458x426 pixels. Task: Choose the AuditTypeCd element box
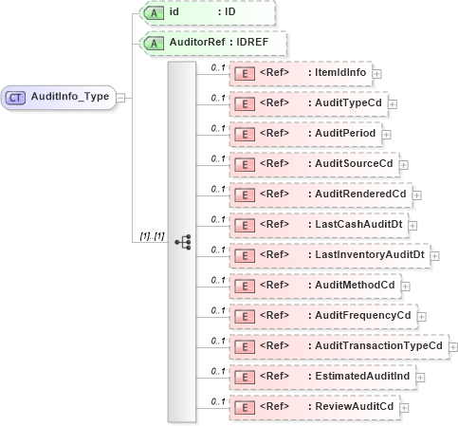(307, 102)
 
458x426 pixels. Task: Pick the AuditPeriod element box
(304, 133)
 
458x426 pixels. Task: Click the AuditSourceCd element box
(313, 163)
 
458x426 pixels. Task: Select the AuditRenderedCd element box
(320, 194)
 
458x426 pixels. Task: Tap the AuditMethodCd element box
(314, 285)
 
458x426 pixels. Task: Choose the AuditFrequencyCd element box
(321, 315)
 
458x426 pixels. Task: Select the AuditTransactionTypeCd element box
(338, 345)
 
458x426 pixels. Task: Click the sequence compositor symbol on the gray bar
(182, 241)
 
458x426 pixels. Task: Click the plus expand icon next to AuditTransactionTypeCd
(452, 346)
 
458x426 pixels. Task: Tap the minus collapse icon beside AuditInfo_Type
(119, 96)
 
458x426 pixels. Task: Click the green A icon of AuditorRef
(150, 44)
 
